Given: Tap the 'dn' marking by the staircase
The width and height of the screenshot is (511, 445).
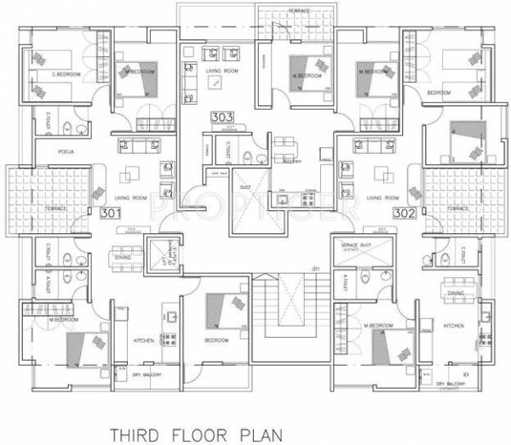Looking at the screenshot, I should tap(315, 270).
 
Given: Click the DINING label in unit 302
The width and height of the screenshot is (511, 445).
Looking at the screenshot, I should tap(456, 293).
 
